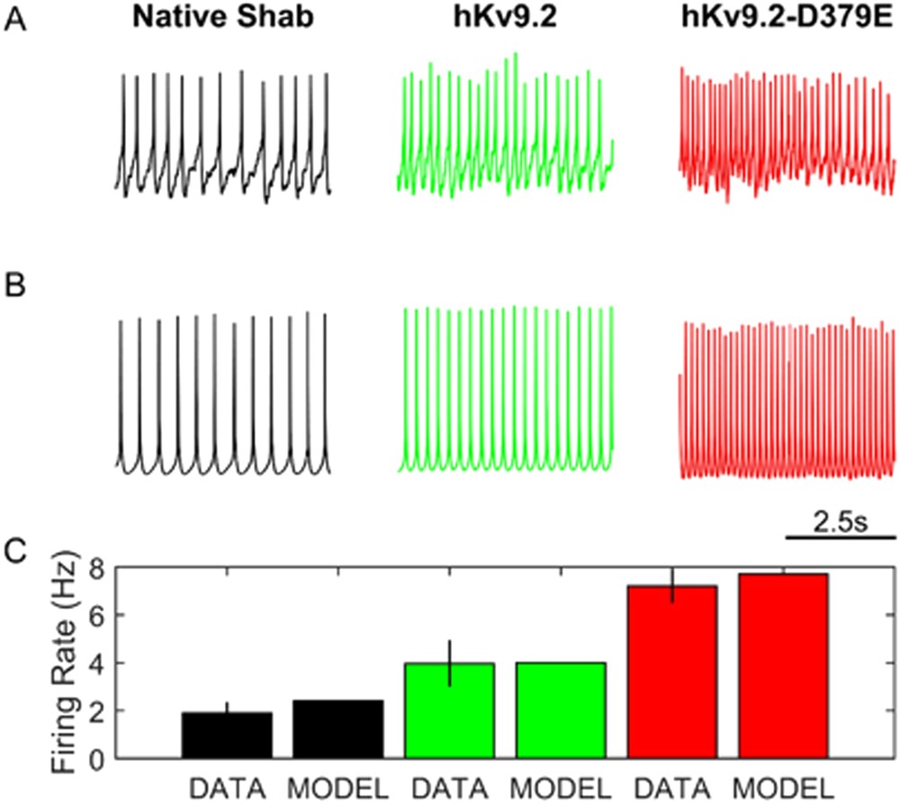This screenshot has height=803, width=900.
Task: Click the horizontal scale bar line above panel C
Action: click(x=841, y=537)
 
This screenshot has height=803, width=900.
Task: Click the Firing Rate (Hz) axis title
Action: click(x=66, y=661)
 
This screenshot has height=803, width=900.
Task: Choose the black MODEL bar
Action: click(x=338, y=729)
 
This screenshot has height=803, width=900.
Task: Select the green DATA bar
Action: click(x=450, y=710)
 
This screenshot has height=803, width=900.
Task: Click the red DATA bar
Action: click(x=672, y=672)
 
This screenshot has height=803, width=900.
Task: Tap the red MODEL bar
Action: click(x=783, y=666)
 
